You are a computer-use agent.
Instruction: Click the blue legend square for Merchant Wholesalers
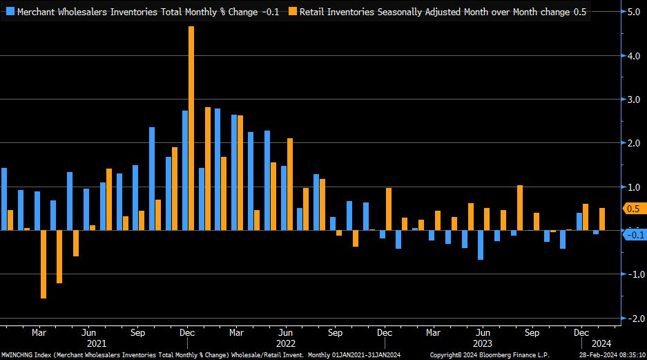[10, 12]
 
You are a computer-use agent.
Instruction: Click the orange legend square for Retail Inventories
[293, 12]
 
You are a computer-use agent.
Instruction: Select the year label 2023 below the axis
[483, 343]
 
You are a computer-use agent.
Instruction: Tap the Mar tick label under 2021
[39, 332]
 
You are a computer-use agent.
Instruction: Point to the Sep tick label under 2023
[532, 332]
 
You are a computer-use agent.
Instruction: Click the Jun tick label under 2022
[286, 332]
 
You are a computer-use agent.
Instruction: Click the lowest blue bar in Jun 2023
[481, 245]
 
